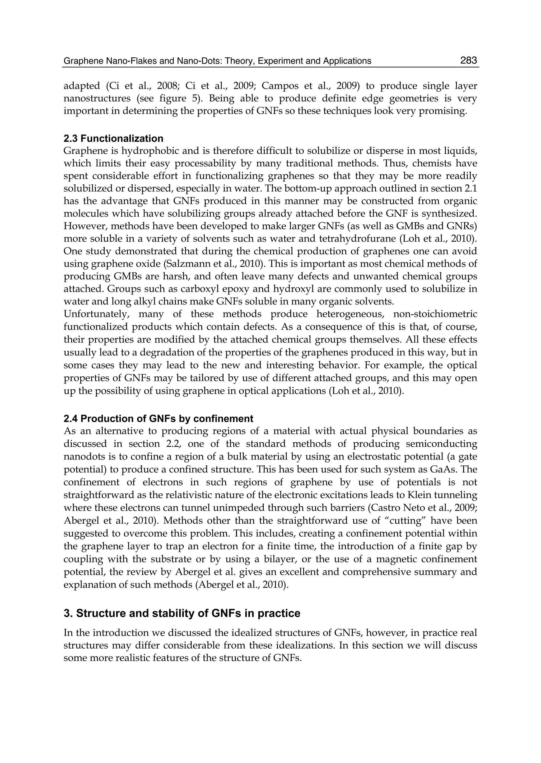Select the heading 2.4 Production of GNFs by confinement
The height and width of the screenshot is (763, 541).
click(158, 418)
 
